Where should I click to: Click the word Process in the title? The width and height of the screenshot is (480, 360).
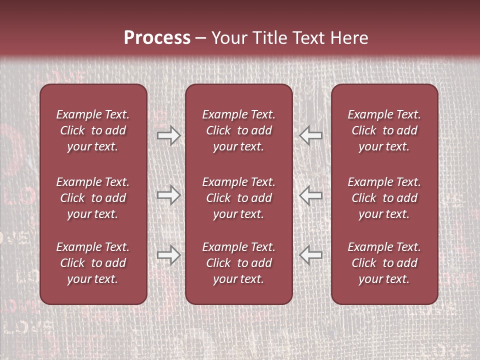pyautogui.click(x=157, y=38)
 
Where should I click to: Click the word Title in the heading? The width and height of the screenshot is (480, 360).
pyautogui.click(x=269, y=38)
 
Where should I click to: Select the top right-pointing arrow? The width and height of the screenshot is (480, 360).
pyautogui.click(x=168, y=135)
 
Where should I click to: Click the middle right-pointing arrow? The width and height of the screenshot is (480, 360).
pyautogui.click(x=168, y=195)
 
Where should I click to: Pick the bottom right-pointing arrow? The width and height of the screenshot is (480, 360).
pyautogui.click(x=168, y=255)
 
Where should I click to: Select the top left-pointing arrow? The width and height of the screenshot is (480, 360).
pyautogui.click(x=311, y=135)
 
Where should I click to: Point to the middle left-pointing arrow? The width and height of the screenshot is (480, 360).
pyautogui.click(x=311, y=195)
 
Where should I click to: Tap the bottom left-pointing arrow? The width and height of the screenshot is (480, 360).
pyautogui.click(x=311, y=255)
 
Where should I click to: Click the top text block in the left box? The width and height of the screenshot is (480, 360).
pyautogui.click(x=93, y=130)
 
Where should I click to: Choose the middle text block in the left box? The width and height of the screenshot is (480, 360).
pyautogui.click(x=93, y=198)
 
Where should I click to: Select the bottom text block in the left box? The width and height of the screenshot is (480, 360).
pyautogui.click(x=93, y=263)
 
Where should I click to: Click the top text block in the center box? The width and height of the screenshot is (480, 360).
pyautogui.click(x=238, y=130)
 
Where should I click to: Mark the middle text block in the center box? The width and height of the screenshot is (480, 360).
pyautogui.click(x=238, y=198)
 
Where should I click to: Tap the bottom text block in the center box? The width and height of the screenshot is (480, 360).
pyautogui.click(x=238, y=263)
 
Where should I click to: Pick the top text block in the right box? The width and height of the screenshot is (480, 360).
pyautogui.click(x=384, y=130)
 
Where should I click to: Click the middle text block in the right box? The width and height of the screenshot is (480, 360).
pyautogui.click(x=384, y=198)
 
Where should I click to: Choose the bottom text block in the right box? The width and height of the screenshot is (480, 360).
pyautogui.click(x=384, y=263)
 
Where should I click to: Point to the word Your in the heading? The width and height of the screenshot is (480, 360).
pyautogui.click(x=229, y=38)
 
